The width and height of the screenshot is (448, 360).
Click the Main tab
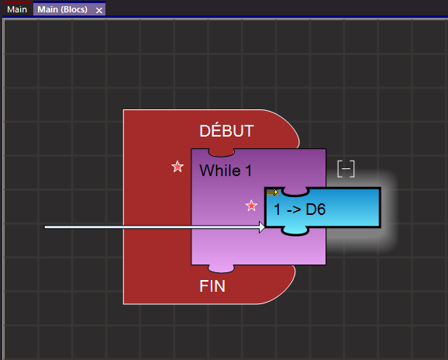coord(17,9)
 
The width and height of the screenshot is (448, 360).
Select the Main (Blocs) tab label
coord(62,9)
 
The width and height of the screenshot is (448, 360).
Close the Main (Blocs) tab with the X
coord(99,11)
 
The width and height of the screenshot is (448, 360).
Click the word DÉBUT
coord(226,130)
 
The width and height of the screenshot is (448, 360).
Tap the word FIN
coord(212,286)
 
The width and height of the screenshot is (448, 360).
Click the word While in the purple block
coord(220,171)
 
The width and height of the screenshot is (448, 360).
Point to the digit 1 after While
coord(248,171)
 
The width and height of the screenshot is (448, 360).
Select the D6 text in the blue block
coord(315,209)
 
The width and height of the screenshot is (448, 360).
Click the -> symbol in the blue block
coord(294,210)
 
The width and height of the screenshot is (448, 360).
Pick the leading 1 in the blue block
coord(277,209)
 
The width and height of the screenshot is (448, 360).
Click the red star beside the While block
coord(177,166)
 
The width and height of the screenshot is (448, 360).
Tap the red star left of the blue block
coord(251,206)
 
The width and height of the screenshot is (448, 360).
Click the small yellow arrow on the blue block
coord(272,192)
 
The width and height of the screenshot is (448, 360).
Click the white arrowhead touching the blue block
coord(262,227)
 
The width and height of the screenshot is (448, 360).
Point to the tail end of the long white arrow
coord(45,227)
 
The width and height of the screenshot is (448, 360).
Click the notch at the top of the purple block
coord(222,153)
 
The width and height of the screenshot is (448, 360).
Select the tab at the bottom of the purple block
coord(222,268)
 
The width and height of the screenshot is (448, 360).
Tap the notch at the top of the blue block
coord(295,192)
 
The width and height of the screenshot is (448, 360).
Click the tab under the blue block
coord(295,230)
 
